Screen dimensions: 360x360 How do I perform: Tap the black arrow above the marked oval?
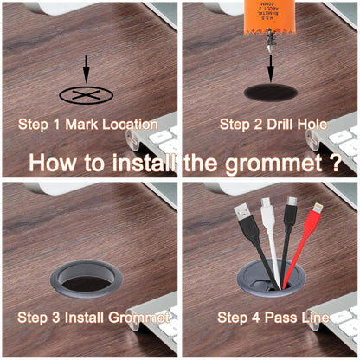click(86, 69)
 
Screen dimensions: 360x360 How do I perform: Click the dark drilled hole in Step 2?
click(271, 92)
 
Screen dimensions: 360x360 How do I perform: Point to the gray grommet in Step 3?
click(85, 277)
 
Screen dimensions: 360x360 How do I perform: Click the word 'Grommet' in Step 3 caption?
click(139, 318)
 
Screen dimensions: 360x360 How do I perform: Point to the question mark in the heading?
click(333, 162)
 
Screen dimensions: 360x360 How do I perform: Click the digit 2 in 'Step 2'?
click(254, 125)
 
